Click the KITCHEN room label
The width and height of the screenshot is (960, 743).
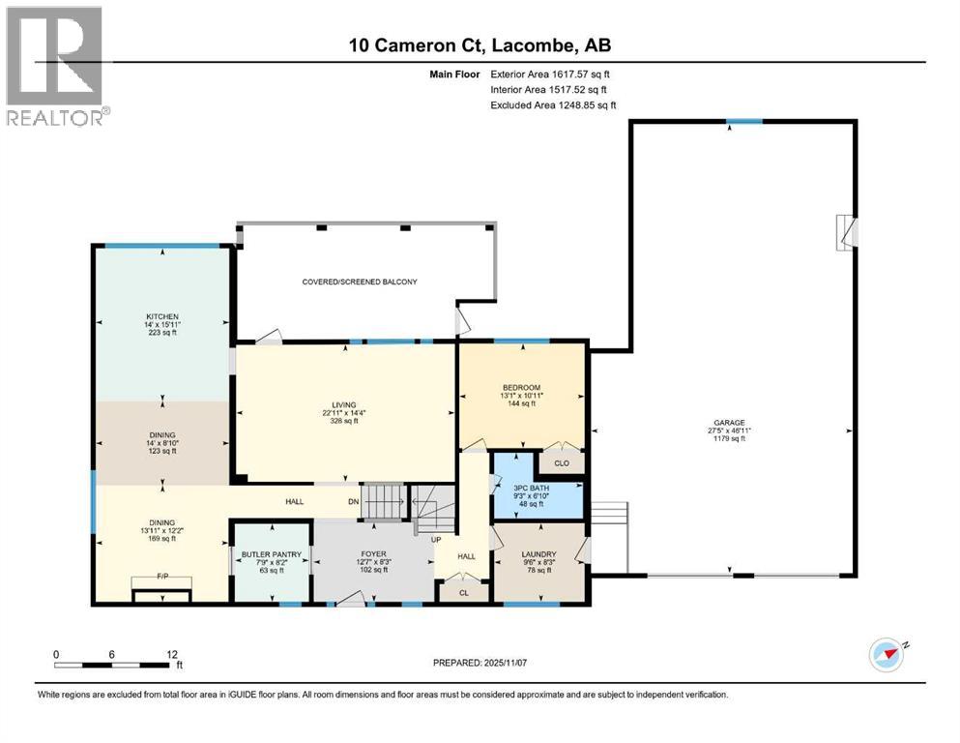point(161,316)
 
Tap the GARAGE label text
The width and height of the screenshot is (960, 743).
point(730,422)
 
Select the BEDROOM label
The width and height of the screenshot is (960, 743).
point(521,388)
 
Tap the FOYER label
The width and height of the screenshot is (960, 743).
point(372,554)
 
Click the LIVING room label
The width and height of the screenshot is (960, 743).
point(343,404)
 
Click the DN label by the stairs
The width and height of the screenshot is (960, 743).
point(354,502)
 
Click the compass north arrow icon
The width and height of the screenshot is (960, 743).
point(887,655)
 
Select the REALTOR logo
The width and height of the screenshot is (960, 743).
point(56,67)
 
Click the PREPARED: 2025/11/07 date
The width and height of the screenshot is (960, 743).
point(480,663)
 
